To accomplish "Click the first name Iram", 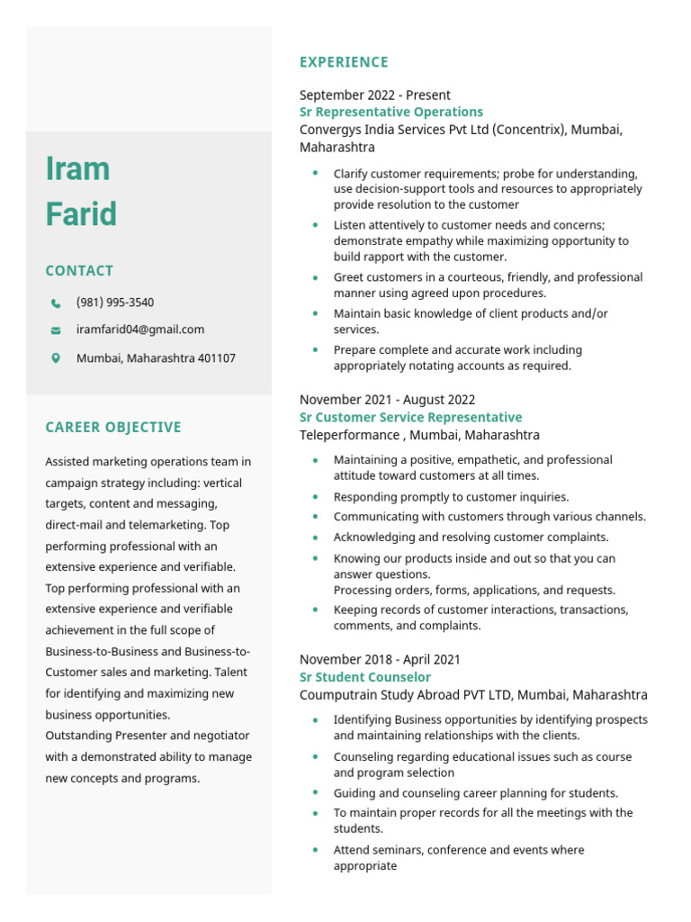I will pos(77,168).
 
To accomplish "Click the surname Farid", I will pos(81,214).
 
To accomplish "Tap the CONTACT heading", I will pos(79,271).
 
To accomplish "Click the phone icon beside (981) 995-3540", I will pos(56,303).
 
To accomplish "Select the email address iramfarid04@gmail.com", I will pos(139,330).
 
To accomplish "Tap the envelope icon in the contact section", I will pos(56,330).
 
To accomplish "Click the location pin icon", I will pos(56,358).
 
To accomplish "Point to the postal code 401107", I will pos(217,358).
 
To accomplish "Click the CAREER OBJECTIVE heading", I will pos(113,428).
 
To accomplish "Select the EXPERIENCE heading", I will pos(344,62).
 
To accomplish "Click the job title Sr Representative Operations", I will pos(391,113).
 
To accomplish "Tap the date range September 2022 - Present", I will pos(374,95).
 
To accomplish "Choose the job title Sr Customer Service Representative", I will pos(410,418).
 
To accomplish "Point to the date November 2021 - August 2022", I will pos(387,400).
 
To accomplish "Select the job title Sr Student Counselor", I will pos(364,677).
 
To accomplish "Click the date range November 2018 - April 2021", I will pos(380,660).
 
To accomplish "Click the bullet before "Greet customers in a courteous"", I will pos(315,277).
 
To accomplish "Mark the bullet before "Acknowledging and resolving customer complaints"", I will pos(315,537).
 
